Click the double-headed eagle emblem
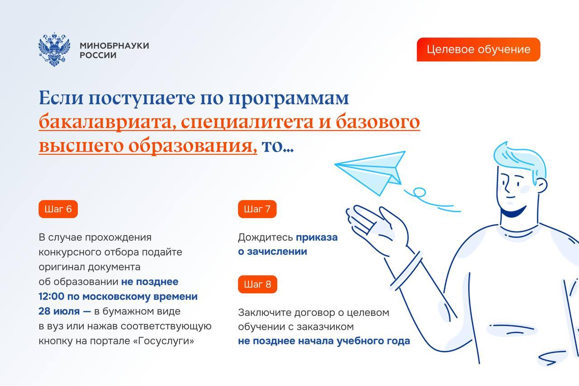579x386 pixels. point(54,49)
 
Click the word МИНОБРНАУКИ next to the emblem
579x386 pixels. point(114,46)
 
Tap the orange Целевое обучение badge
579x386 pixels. point(479,49)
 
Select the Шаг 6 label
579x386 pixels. point(58,209)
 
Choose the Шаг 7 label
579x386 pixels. point(257,209)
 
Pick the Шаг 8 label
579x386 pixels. point(257,284)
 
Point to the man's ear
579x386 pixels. point(542,186)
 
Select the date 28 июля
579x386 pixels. point(59,311)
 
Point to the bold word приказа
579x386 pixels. point(317,237)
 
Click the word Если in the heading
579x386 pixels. point(61,98)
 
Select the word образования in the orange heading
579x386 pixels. point(193,146)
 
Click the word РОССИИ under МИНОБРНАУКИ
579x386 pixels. point(98,55)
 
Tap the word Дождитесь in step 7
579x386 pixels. point(266,237)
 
